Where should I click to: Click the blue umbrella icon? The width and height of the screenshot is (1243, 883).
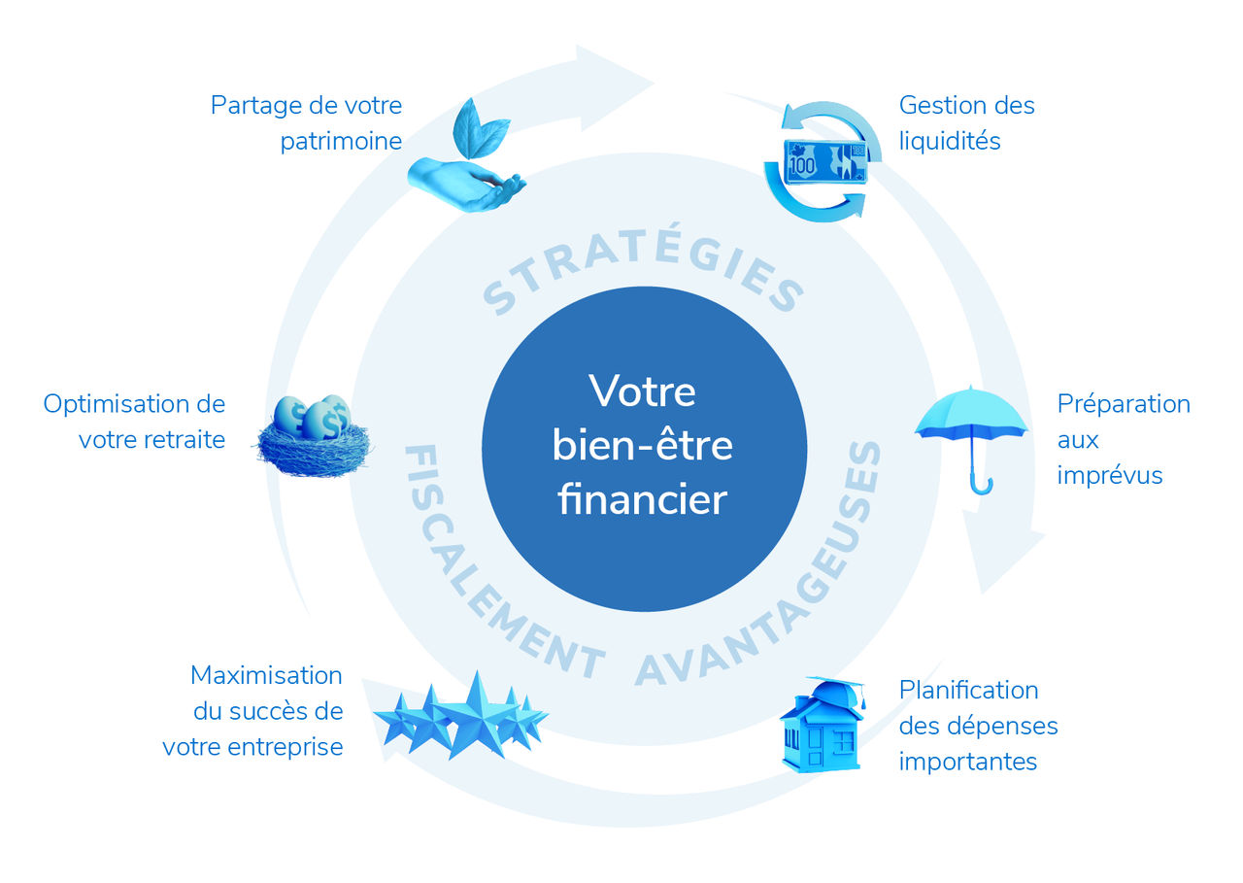pyautogui.click(x=971, y=427)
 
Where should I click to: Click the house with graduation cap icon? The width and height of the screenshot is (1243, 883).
pyautogui.click(x=822, y=729)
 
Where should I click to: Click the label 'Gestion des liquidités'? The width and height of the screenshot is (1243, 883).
pyautogui.click(x=966, y=122)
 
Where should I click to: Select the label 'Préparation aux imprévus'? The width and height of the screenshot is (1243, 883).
pyautogui.click(x=1123, y=439)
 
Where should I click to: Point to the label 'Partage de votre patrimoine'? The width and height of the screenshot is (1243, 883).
pyautogui.click(x=307, y=122)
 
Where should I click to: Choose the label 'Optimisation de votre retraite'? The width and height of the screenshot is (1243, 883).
pyautogui.click(x=135, y=422)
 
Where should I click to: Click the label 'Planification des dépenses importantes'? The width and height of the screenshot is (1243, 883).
pyautogui.click(x=977, y=726)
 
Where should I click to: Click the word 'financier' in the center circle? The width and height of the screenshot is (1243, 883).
pyautogui.click(x=643, y=499)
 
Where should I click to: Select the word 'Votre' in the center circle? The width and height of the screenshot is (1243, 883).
pyautogui.click(x=643, y=391)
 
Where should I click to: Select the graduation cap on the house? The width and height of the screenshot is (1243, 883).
pyautogui.click(x=832, y=691)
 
